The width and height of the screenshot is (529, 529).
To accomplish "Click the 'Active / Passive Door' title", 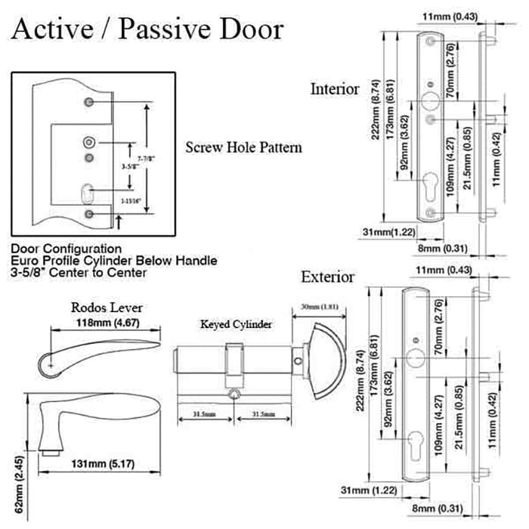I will pyautogui.click(x=148, y=29).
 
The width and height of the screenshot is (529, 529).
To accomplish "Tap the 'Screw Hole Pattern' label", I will pyautogui.click(x=243, y=147).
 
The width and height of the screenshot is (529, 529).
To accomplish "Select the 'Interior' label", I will pyautogui.click(x=335, y=89).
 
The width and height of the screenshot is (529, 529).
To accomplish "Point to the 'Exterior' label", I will pyautogui.click(x=327, y=277).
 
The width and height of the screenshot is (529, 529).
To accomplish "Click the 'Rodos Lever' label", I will pyautogui.click(x=107, y=308).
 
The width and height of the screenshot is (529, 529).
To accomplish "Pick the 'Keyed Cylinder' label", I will pyautogui.click(x=236, y=324).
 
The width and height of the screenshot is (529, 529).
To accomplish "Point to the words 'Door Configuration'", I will pyautogui.click(x=67, y=248).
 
